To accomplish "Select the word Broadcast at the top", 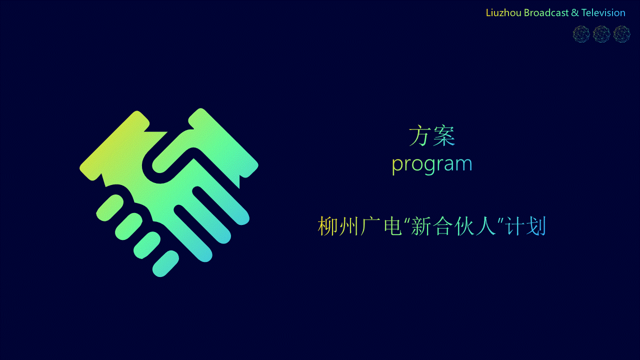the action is (546, 13).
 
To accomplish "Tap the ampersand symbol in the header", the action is (575, 13).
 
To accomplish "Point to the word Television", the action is (603, 13).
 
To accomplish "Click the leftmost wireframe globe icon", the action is (581, 34).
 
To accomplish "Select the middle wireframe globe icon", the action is (601, 34).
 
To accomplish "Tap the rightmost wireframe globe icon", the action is (621, 34).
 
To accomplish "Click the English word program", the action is (431, 164).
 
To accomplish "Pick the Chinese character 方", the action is (419, 136).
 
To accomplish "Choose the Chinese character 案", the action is (443, 136).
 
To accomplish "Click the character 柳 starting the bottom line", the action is (327, 226).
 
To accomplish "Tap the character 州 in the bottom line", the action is (348, 226).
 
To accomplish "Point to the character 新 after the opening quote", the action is (421, 226).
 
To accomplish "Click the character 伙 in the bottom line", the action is (464, 226).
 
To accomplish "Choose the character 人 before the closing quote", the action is (485, 226).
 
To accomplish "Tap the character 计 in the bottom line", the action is (515, 226).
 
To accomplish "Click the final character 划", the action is (536, 226).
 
